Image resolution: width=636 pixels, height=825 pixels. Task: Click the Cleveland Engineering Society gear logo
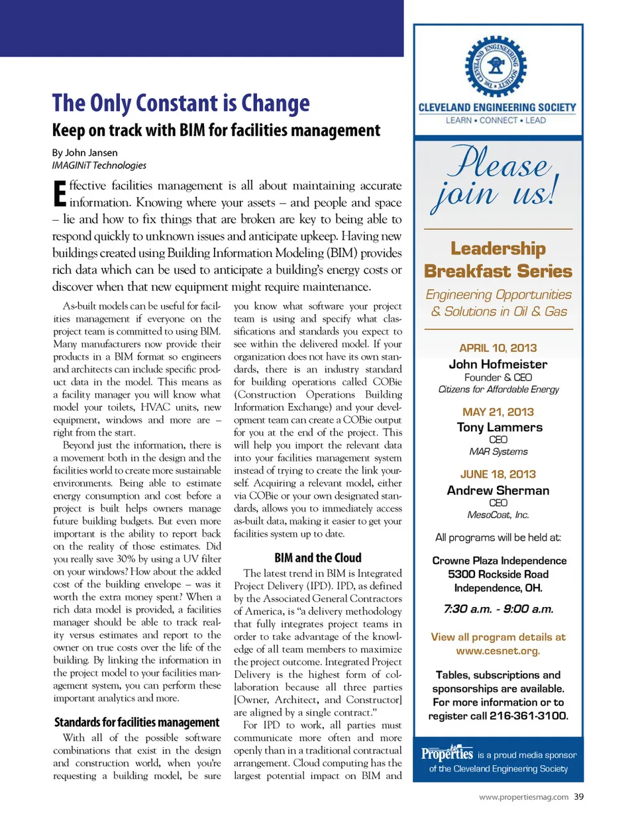point(496,67)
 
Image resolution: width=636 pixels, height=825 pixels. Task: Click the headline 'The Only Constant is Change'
point(181,103)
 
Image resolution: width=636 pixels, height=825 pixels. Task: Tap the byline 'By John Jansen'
point(85,152)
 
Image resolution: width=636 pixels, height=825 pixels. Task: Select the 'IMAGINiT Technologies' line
point(99,165)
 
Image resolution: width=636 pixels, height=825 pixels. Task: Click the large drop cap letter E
point(60,193)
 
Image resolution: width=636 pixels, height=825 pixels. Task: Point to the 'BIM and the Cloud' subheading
point(318,558)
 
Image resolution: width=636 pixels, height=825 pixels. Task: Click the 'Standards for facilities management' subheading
point(136,722)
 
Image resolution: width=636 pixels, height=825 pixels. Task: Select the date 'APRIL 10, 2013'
point(498,348)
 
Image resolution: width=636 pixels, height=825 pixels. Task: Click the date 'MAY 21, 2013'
point(498,412)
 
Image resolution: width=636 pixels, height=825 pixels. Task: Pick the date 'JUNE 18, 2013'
point(498,474)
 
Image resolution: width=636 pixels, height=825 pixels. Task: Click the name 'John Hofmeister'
point(498,364)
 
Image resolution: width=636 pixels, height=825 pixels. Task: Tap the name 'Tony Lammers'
point(500,427)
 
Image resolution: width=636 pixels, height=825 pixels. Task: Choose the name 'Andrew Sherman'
point(498,490)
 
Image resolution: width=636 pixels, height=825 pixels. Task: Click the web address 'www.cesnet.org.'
point(498,651)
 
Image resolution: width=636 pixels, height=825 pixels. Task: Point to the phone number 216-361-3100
point(529,716)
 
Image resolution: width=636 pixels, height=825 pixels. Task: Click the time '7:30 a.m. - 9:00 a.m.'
point(498,609)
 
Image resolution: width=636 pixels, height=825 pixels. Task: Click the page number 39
point(579,797)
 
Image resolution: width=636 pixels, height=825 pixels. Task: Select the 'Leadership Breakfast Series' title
point(498,260)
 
